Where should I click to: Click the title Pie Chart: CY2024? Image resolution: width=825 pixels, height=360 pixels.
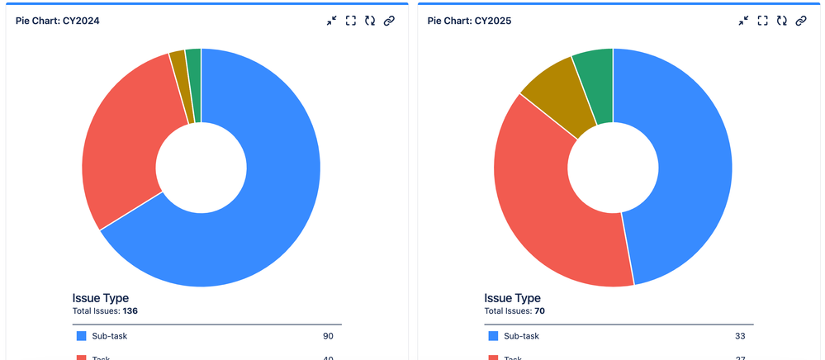tap(58, 21)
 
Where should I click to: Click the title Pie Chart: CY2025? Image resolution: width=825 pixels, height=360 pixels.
tap(469, 21)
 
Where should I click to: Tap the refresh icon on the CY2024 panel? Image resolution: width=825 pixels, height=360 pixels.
tap(369, 21)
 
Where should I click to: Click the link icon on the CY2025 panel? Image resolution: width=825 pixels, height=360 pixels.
tap(800, 21)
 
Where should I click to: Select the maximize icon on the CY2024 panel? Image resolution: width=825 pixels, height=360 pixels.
tap(350, 21)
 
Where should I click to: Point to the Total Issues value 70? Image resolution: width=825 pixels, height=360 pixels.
tap(539, 311)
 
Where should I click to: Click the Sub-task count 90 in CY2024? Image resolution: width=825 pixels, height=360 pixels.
tap(329, 336)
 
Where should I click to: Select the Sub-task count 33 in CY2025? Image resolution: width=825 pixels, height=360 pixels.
tap(740, 336)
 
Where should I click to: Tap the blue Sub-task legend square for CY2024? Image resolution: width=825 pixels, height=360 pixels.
tap(81, 336)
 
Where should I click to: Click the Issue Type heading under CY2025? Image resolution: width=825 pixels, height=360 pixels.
tap(512, 298)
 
